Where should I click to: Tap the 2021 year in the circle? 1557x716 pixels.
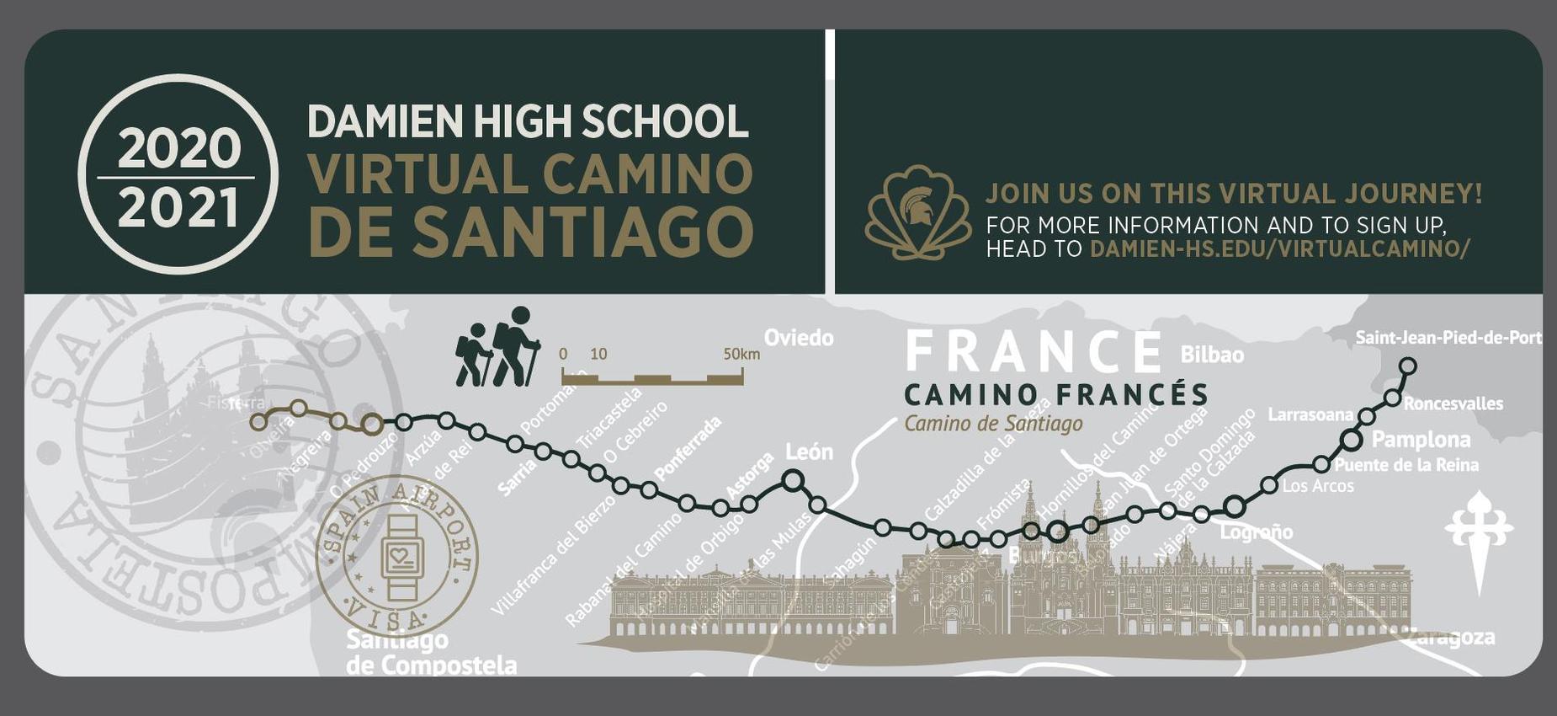point(178,208)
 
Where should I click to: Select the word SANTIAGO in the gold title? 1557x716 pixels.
point(582,230)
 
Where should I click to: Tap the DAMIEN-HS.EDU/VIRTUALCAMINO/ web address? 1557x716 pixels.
point(1279,248)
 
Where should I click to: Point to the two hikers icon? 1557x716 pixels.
point(497,348)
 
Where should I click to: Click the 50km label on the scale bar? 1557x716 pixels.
point(741,354)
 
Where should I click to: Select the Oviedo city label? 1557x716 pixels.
point(799,338)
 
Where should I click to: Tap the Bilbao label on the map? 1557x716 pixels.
point(1212,355)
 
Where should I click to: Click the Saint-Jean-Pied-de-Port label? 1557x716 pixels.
point(1448,338)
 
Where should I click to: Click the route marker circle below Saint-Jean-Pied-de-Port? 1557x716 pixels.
point(1407,366)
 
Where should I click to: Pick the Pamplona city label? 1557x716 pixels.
point(1421,439)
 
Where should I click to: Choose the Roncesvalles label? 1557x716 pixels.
point(1453,403)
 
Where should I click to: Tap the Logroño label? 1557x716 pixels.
point(1256,532)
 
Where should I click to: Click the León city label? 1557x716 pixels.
point(809,452)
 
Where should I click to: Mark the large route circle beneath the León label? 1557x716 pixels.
point(793,480)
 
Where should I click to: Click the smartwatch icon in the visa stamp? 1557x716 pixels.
point(401,557)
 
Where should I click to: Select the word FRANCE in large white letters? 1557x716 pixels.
point(1034,352)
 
